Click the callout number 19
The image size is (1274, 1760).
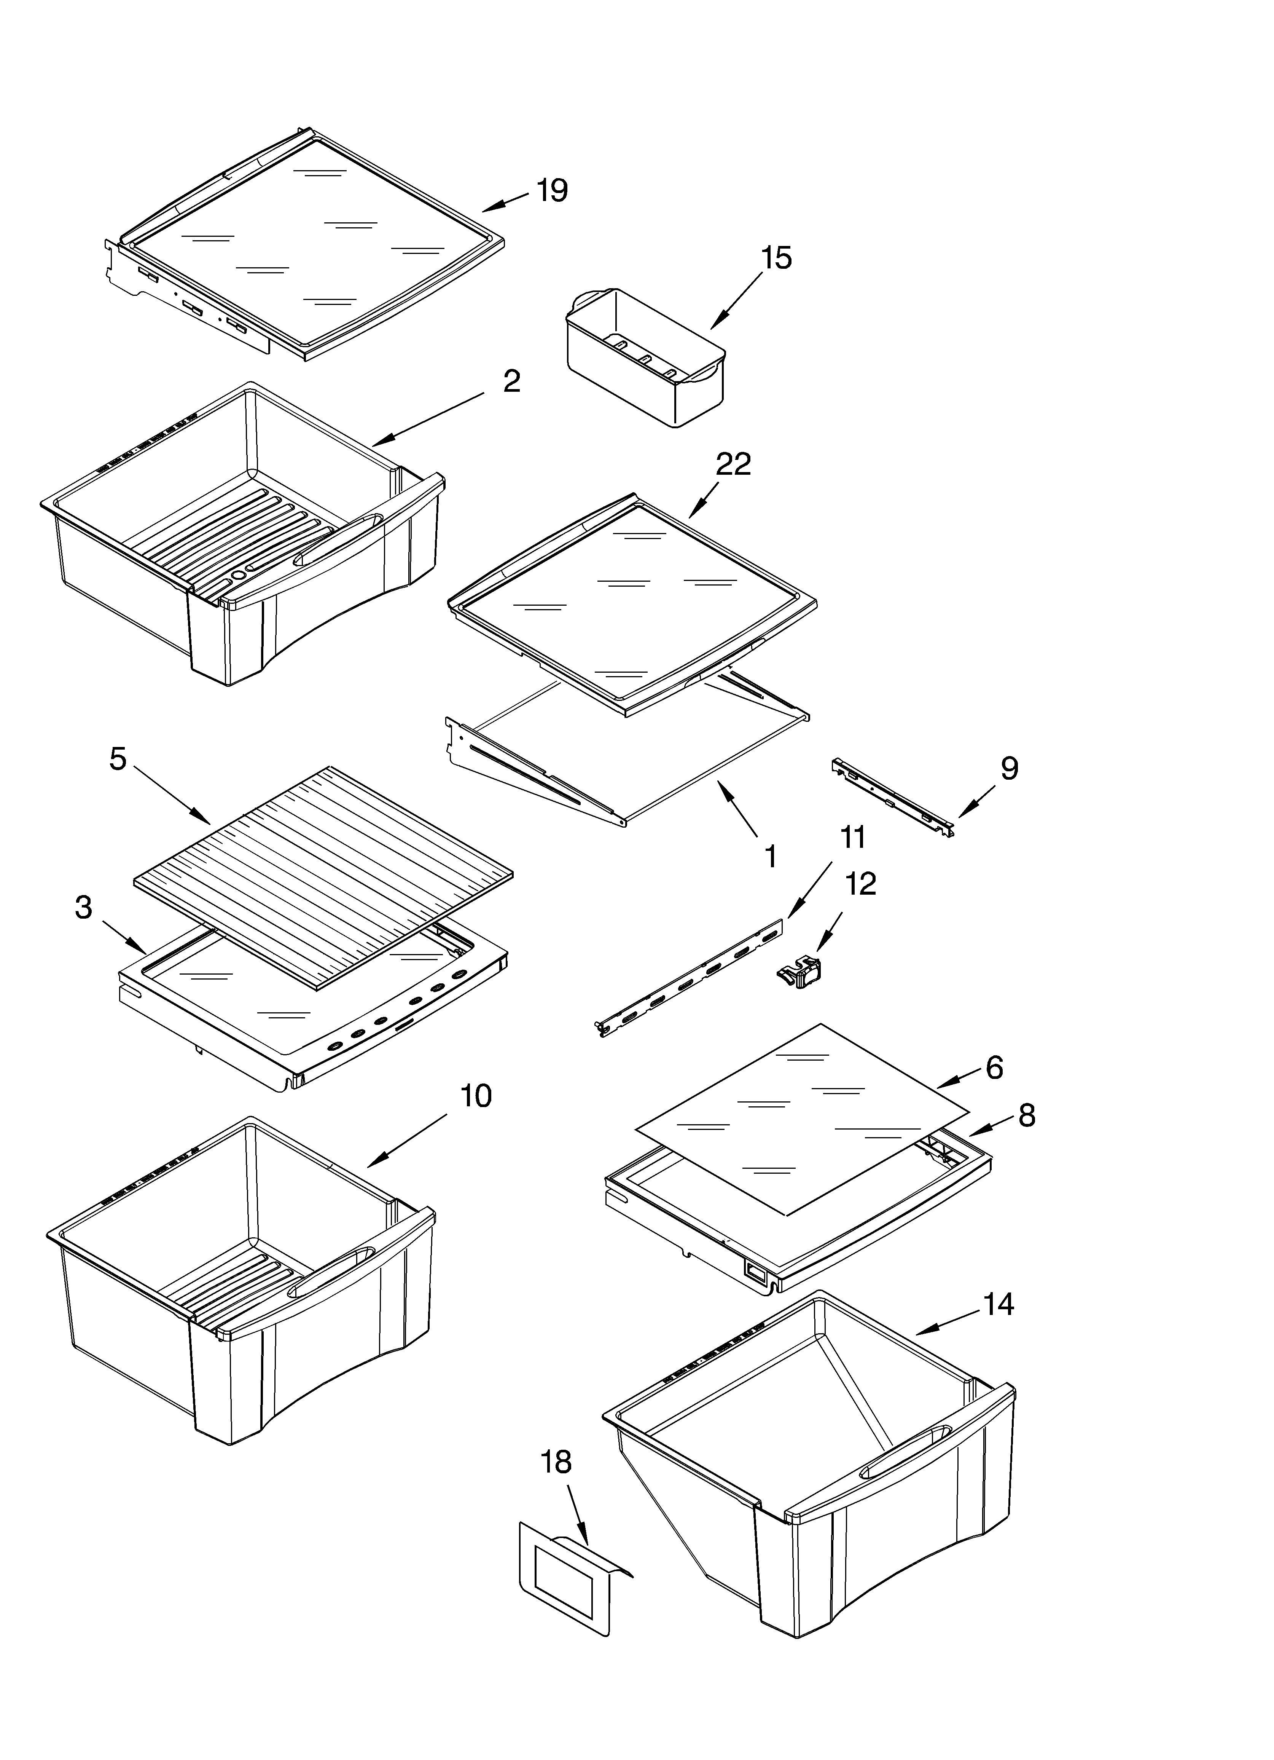point(553,190)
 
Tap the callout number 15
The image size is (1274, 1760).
point(776,258)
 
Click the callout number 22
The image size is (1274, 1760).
point(733,464)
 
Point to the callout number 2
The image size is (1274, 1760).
point(511,381)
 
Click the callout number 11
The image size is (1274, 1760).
point(853,837)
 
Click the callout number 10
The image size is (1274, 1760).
point(476,1096)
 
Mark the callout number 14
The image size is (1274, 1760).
point(998,1304)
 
